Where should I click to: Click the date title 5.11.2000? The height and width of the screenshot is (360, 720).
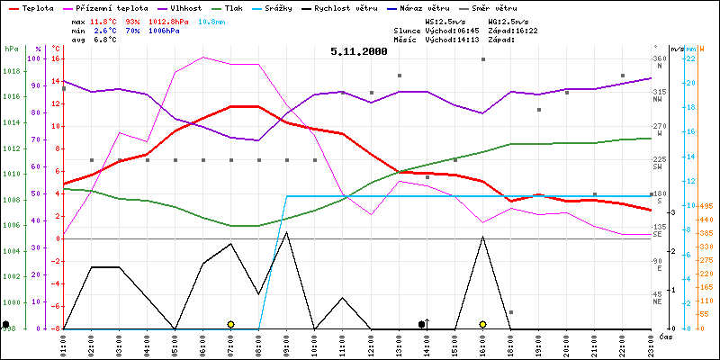[358, 51]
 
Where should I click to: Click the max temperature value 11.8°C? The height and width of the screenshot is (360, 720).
[103, 20]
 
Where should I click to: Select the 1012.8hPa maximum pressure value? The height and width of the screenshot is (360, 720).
[163, 20]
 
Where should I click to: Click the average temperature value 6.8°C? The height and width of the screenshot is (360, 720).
[103, 40]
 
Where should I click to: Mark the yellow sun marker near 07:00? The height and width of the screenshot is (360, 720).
[230, 324]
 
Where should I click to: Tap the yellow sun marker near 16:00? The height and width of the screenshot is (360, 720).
[483, 324]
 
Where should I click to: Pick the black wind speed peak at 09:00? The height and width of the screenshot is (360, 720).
[286, 232]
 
